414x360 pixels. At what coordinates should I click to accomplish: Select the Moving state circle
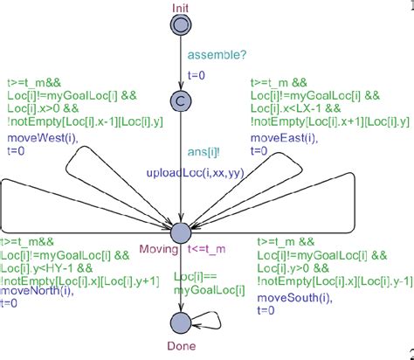(180, 232)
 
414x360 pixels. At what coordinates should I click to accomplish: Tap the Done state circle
(180, 322)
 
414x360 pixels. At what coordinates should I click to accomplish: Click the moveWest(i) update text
(36, 138)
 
